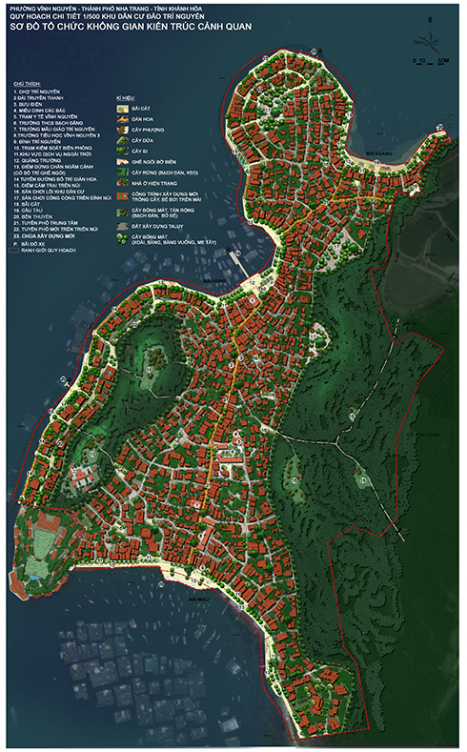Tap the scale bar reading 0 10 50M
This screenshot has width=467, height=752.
click(x=430, y=60)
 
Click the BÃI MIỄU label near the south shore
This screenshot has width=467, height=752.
click(x=199, y=601)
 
